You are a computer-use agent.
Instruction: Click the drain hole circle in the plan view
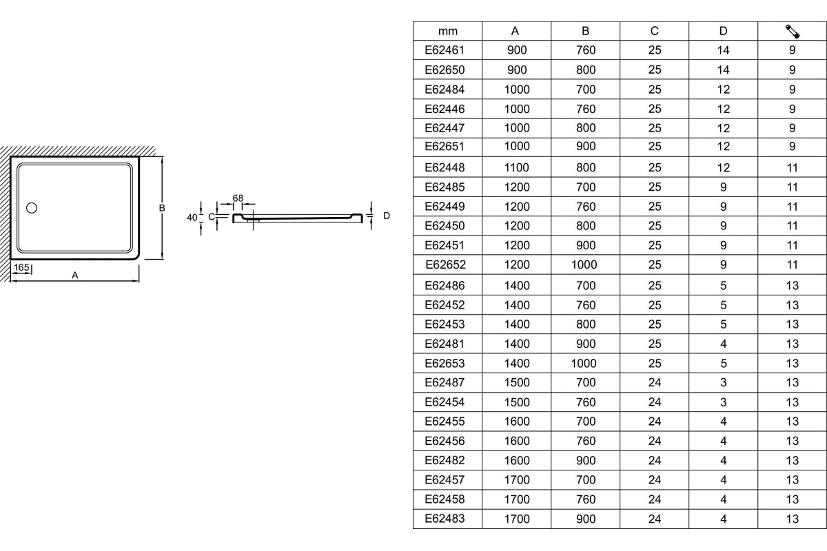coord(31,207)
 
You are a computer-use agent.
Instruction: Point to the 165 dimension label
coord(21,267)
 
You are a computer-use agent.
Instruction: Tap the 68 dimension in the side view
coord(238,198)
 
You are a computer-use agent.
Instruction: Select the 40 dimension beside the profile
coord(192,217)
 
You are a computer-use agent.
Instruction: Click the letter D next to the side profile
coord(387,216)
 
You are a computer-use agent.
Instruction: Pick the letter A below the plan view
coord(75,275)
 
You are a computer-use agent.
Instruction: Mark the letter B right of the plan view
coord(162,207)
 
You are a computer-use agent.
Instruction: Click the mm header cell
coord(447,31)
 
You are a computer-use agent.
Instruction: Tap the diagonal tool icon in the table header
coord(792,31)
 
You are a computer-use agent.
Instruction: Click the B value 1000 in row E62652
coord(584,264)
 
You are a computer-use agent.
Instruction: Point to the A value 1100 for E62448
coord(516,167)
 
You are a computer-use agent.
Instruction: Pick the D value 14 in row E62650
coord(723,70)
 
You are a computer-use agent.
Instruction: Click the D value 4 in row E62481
coord(723,344)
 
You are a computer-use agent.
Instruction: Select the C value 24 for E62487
coord(655,383)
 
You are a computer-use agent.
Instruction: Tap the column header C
coord(655,31)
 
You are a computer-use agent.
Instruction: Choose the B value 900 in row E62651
coord(585,146)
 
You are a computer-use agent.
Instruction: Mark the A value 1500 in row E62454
coord(516,402)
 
